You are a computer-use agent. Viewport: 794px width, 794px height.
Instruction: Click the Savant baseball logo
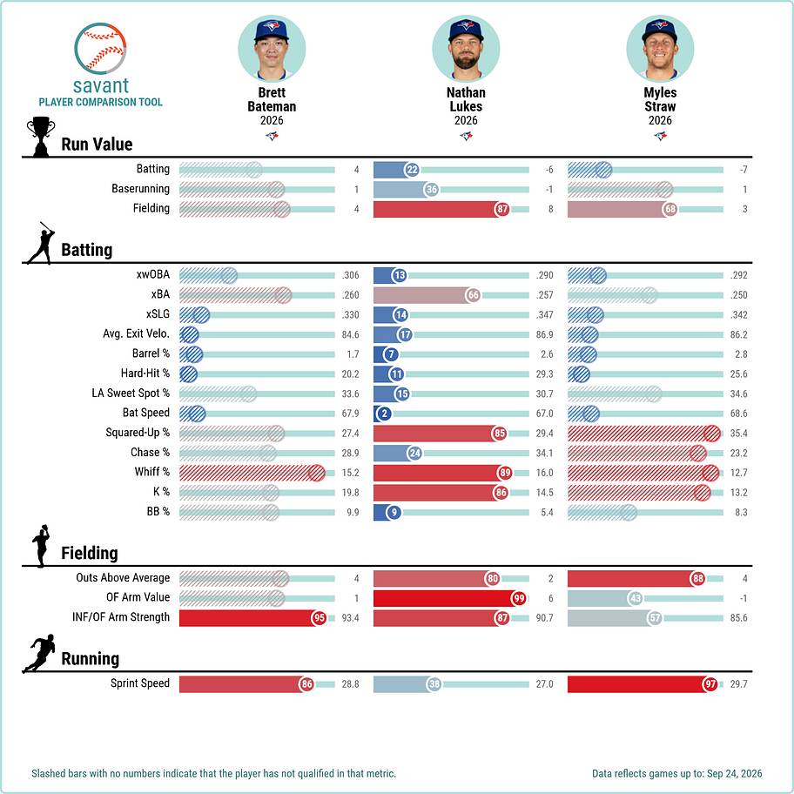100,49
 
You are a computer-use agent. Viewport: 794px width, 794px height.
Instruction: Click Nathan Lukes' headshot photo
466,49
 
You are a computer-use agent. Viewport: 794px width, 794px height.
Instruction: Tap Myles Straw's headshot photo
660,49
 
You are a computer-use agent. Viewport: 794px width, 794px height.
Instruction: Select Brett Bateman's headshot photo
272,49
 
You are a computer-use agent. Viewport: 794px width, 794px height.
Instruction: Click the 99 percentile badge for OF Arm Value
519,598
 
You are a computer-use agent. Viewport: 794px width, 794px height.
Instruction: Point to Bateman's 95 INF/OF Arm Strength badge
319,618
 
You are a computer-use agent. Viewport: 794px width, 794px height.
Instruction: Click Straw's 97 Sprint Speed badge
710,684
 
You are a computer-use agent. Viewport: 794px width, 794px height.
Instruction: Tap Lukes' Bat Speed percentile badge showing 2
384,414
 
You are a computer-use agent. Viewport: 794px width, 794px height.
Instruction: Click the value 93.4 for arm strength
350,618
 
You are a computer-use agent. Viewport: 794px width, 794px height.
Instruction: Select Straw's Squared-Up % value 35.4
739,434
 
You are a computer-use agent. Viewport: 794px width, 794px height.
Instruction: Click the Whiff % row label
151,472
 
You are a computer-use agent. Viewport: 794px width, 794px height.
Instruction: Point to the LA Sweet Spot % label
131,393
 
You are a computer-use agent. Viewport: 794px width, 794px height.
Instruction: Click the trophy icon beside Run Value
41,137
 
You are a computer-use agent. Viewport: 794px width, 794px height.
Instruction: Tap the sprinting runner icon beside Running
39,653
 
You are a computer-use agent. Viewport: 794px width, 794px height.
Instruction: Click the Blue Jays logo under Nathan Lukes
466,136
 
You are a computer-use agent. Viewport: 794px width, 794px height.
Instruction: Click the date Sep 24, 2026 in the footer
734,773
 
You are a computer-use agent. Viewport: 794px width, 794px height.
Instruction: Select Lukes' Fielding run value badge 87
501,209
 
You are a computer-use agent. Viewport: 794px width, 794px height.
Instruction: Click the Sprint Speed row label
140,683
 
